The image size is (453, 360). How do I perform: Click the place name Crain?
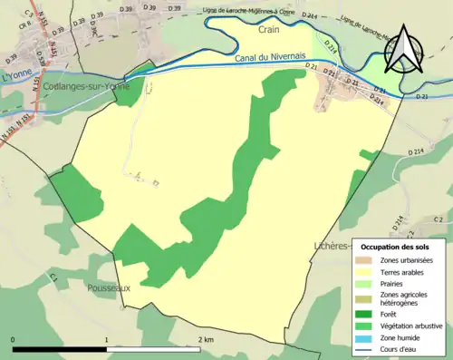(268, 30)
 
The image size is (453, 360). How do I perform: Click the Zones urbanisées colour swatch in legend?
(367, 261)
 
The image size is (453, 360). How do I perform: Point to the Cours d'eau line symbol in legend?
(367, 349)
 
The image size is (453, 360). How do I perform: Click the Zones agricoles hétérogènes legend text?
(405, 298)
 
